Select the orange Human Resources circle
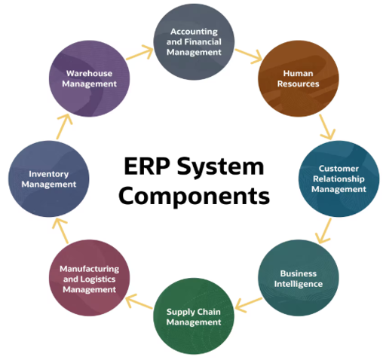296,79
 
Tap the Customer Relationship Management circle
339,178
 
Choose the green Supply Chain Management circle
194,317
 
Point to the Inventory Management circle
48,178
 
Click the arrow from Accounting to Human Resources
247,56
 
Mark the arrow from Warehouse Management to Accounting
138,54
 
